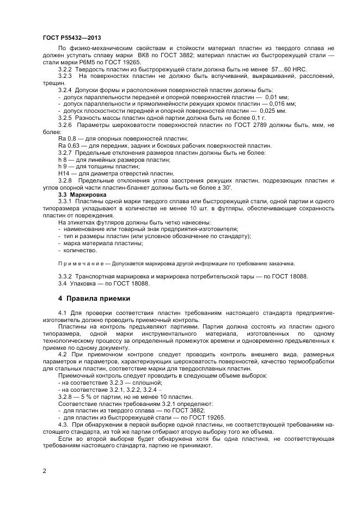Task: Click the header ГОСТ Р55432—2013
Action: pyautogui.click(x=71, y=38)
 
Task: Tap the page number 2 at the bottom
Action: pyautogui.click(x=44, y=469)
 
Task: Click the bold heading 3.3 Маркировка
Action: pyautogui.click(x=83, y=194)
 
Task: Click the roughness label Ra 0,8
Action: pyautogui.click(x=66, y=139)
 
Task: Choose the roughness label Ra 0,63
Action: pyautogui.click(x=68, y=146)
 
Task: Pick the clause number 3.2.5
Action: pyautogui.click(x=65, y=117)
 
